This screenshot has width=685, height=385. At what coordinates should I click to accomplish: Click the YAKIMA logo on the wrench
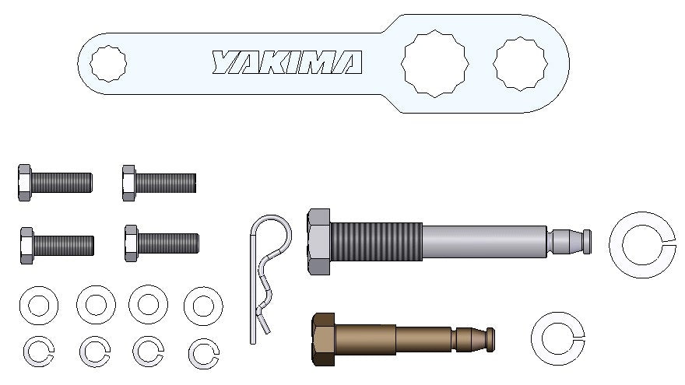point(287,62)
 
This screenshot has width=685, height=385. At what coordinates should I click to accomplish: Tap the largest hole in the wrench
point(434,63)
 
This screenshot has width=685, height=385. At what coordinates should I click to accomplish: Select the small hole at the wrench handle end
point(108,64)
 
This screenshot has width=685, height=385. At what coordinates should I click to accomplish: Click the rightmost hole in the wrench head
point(520,64)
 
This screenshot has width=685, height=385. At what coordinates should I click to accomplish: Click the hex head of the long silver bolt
point(318,242)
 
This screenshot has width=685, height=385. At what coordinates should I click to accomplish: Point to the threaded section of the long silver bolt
point(376,241)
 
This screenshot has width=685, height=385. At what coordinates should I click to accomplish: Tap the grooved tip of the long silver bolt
point(569,241)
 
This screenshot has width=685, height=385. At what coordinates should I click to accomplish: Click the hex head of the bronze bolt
point(323,339)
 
